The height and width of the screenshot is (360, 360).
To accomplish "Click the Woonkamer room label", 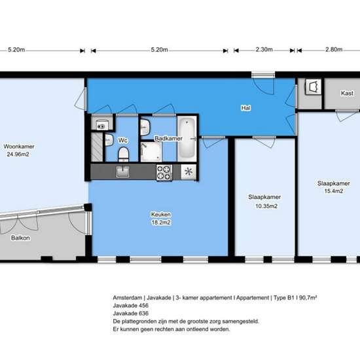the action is click(x=19, y=147).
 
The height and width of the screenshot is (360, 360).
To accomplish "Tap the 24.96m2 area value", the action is click(x=18, y=154).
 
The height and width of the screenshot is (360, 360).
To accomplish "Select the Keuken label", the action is click(x=161, y=215).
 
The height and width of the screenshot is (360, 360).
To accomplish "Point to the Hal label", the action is click(x=246, y=108).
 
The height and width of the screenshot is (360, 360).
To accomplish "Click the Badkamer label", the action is click(x=168, y=139).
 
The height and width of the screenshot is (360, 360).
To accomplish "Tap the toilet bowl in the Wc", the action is click(x=124, y=154).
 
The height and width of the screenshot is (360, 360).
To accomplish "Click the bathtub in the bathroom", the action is click(x=187, y=139).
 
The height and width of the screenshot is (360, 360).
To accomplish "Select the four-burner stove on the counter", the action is click(x=164, y=172).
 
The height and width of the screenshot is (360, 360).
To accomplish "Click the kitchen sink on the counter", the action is click(x=122, y=171).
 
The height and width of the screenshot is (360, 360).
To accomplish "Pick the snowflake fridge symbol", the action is click(x=189, y=171).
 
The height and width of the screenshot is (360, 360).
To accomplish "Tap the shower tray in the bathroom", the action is click(x=151, y=152).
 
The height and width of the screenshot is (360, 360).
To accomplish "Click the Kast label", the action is click(x=347, y=93).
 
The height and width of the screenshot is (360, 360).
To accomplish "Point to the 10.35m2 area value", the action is click(x=266, y=206).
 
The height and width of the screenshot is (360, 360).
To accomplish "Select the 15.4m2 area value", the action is click(x=334, y=191).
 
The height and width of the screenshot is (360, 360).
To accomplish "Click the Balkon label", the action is click(x=20, y=238).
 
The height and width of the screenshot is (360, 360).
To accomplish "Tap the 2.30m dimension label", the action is click(x=264, y=50).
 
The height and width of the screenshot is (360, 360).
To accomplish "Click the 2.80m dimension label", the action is click(x=334, y=50).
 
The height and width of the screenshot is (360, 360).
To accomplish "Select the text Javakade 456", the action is click(x=131, y=306).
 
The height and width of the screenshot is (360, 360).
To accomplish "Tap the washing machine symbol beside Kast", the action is click(x=313, y=87).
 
